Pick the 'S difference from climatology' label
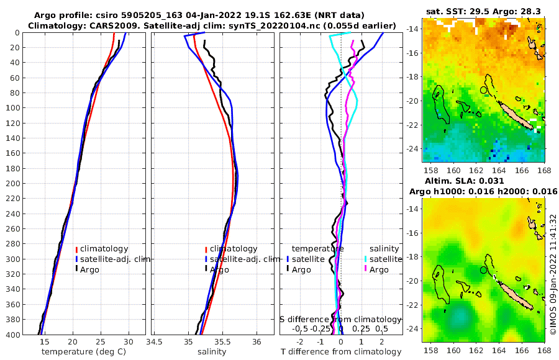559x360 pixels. [342, 318]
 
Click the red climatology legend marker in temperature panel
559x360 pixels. [76, 249]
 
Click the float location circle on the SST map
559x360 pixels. [484, 90]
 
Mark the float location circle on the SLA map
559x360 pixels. [484, 270]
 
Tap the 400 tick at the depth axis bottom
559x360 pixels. [12, 335]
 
